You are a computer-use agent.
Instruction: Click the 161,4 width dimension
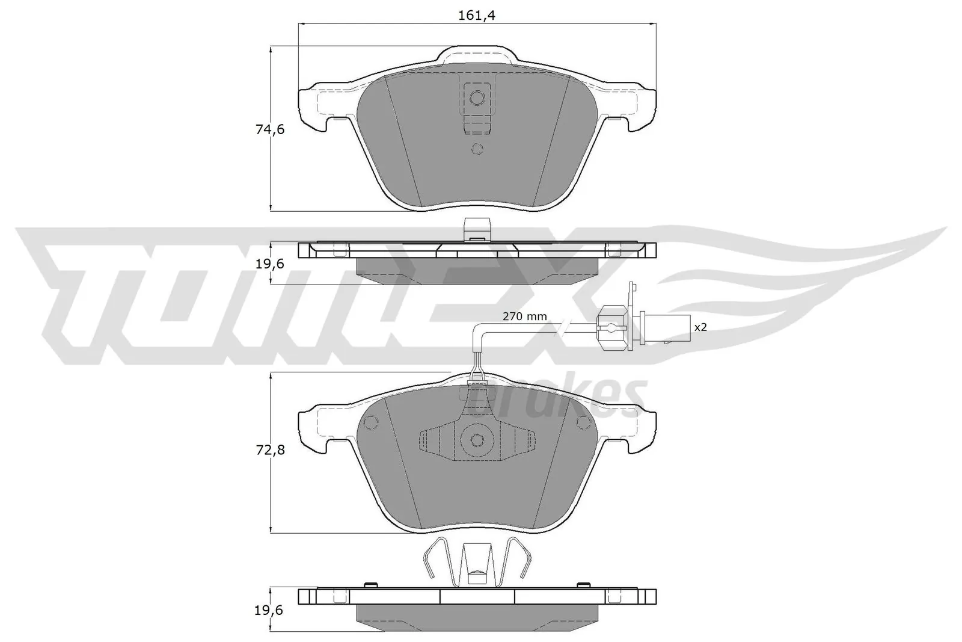476,16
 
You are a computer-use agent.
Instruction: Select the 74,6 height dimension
255,129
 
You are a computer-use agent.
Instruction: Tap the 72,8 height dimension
255,449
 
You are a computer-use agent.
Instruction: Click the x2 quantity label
699,328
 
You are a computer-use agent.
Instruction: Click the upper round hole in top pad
477,97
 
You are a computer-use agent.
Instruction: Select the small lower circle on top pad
477,149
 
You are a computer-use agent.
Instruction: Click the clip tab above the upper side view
477,229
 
